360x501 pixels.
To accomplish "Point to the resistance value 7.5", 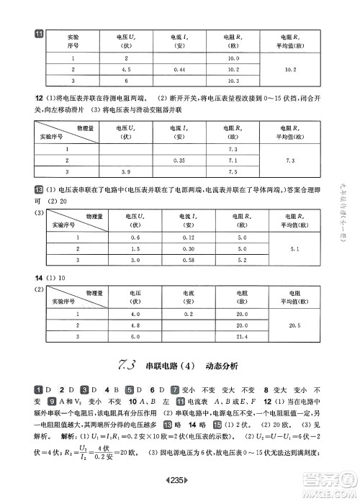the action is coord(233,173).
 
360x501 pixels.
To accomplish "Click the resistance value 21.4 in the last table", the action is coord(242,338).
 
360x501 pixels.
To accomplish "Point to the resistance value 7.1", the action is coord(233,160).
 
